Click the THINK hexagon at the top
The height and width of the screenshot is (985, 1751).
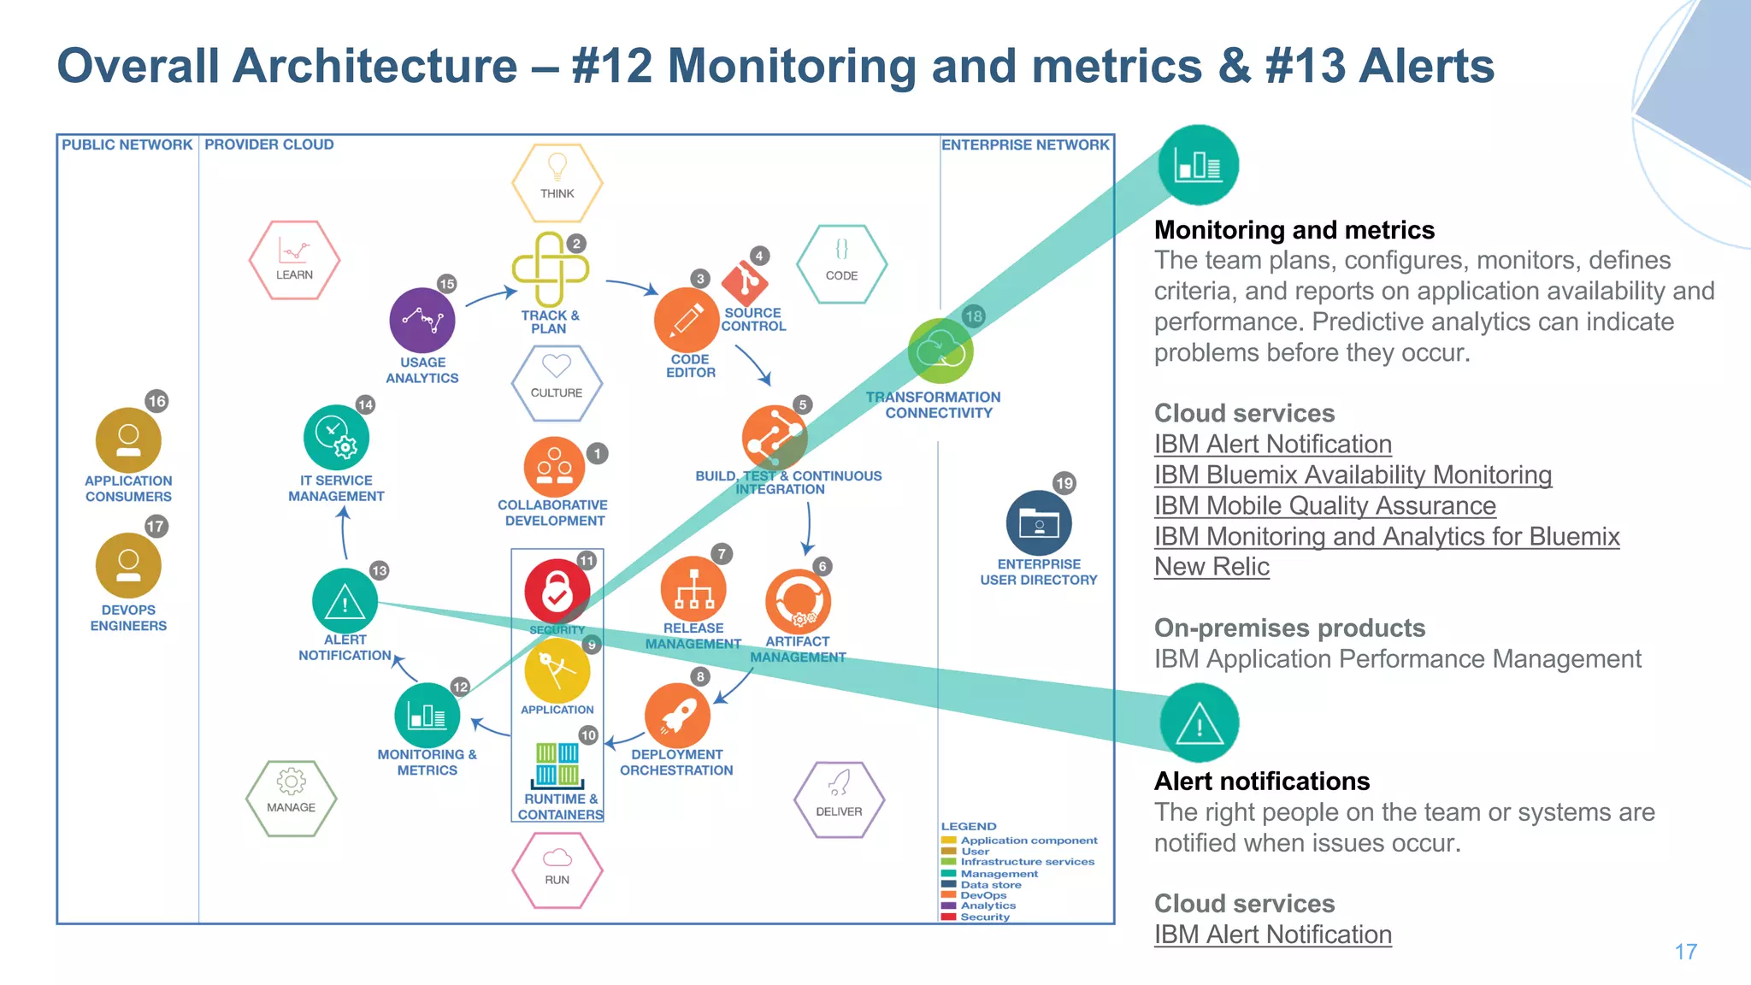pyautogui.click(x=557, y=182)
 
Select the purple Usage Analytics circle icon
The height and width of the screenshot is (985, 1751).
pyautogui.click(x=422, y=321)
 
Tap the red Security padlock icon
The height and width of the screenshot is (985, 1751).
pyautogui.click(x=557, y=592)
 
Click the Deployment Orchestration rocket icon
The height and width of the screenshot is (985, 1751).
pyautogui.click(x=677, y=716)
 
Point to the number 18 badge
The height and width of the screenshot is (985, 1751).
pyautogui.click(x=973, y=316)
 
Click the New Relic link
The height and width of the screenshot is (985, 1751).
pyautogui.click(x=1212, y=567)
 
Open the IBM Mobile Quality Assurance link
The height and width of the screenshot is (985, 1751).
pyautogui.click(x=1324, y=505)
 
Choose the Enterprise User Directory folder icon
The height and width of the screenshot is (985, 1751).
pyautogui.click(x=1038, y=522)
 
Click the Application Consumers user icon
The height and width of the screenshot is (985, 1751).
pyautogui.click(x=128, y=440)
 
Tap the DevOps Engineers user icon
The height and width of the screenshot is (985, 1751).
pyautogui.click(x=128, y=566)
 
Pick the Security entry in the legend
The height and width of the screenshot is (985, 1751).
pyautogui.click(x=984, y=917)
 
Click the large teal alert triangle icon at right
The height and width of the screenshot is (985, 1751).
pyautogui.click(x=1199, y=723)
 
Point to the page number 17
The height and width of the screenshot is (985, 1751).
pyautogui.click(x=1685, y=952)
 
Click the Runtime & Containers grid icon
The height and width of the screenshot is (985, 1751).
pyautogui.click(x=557, y=764)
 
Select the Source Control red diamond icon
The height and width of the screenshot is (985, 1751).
pyautogui.click(x=744, y=281)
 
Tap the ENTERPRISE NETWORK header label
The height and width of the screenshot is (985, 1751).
pyautogui.click(x=1024, y=145)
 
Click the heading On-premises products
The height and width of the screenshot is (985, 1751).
pyautogui.click(x=1289, y=628)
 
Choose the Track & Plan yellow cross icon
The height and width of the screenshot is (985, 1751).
pyautogui.click(x=550, y=269)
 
